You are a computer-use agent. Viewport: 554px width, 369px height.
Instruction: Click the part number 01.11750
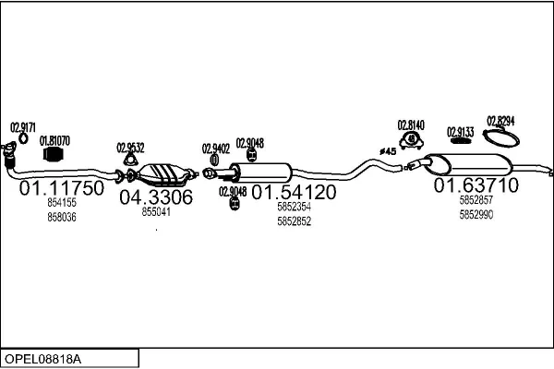[x=62, y=187]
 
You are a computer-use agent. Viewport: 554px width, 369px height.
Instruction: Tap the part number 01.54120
[x=294, y=193]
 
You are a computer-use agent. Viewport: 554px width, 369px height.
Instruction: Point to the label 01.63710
[x=476, y=185]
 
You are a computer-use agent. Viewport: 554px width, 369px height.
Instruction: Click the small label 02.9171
[x=23, y=127]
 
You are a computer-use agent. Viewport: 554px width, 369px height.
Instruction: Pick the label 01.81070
[x=54, y=140]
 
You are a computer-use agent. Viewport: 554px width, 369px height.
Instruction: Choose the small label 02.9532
[x=130, y=147]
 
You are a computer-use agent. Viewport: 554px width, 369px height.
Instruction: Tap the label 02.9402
[x=215, y=148]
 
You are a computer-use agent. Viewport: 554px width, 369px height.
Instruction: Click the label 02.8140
[x=411, y=125]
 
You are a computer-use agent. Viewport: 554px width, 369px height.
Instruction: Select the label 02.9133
[x=461, y=132]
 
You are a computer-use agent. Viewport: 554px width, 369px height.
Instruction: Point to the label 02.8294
[x=501, y=121]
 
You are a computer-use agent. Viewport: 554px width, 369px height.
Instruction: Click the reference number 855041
[x=155, y=212]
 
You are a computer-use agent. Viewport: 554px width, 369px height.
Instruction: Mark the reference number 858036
[x=62, y=217]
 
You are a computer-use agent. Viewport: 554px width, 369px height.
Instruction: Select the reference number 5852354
[x=294, y=208]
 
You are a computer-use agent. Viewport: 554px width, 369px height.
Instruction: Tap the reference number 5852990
[x=476, y=214]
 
